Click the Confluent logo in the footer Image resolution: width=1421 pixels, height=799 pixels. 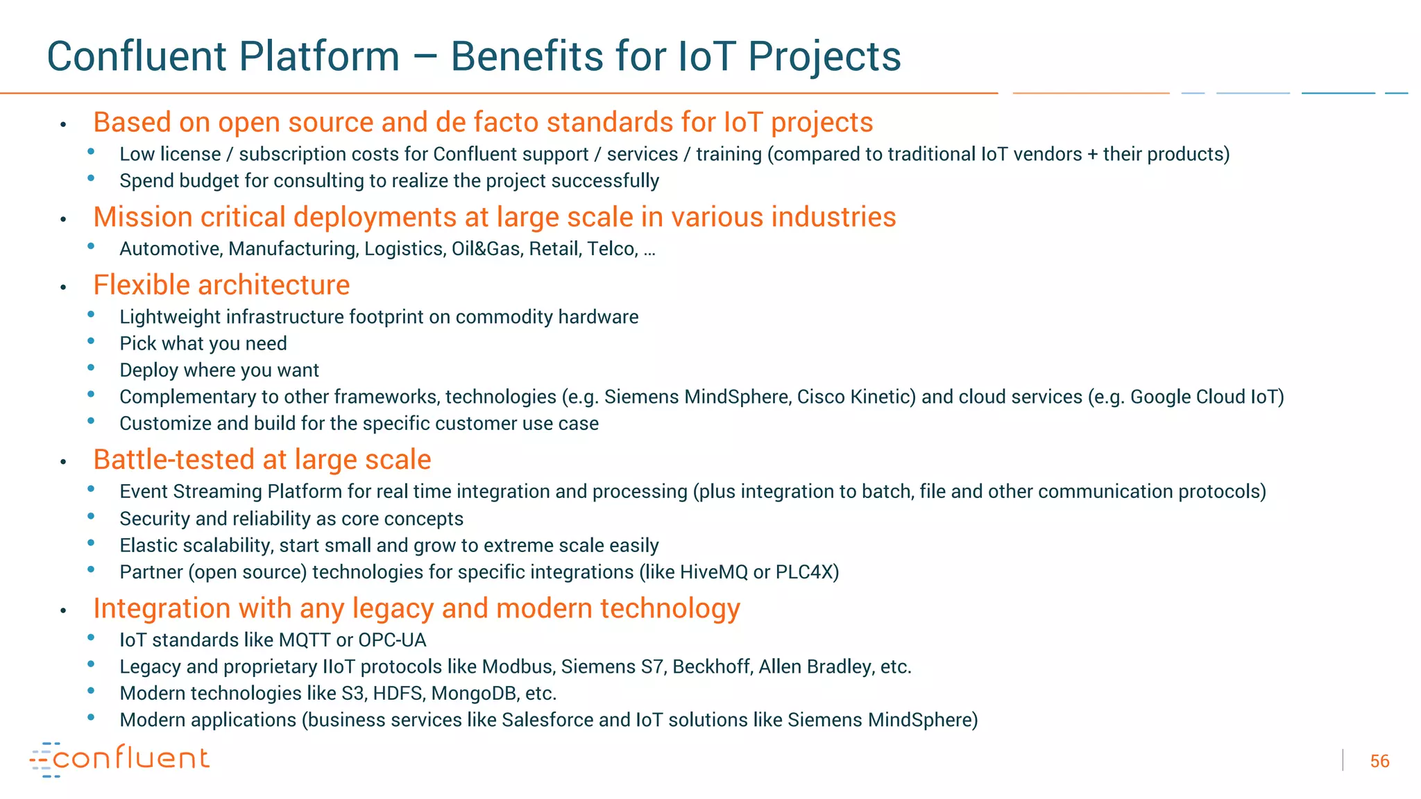pos(119,759)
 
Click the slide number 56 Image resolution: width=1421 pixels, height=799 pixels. pos(1379,762)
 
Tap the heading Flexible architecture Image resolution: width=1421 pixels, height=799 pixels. pos(221,285)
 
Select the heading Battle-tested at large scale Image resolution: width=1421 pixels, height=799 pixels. pos(262,460)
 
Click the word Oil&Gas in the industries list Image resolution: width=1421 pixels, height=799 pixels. pos(486,249)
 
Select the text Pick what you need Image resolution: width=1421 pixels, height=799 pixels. pos(203,343)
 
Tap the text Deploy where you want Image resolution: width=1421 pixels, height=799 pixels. pos(219,370)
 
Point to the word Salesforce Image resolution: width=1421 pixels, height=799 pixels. pos(547,720)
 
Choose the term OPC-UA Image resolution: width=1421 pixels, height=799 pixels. pos(392,640)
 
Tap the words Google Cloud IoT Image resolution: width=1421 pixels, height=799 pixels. pos(1204,397)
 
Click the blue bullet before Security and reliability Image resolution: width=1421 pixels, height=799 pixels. pos(91,517)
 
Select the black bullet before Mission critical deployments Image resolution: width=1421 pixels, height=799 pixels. pos(63,219)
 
